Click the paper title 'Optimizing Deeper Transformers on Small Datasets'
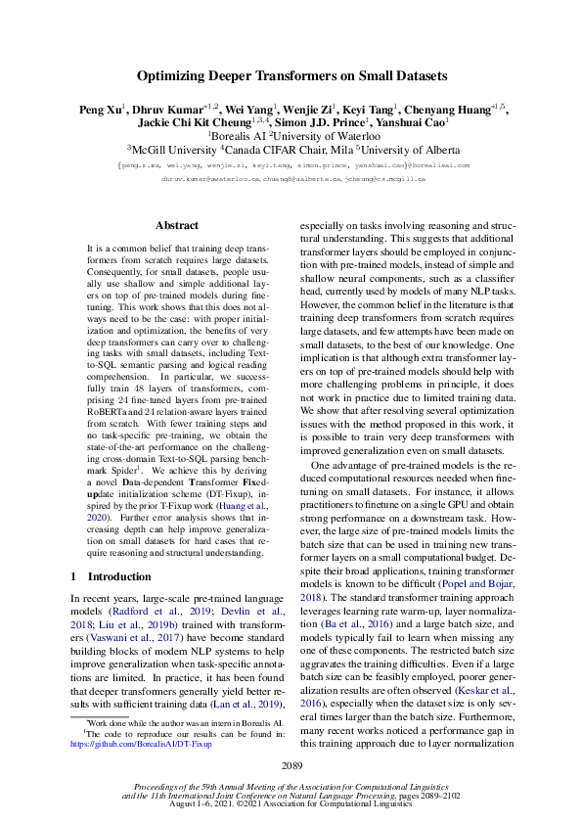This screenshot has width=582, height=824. [291, 75]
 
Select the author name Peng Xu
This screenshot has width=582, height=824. [101, 109]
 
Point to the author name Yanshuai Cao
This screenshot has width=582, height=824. [417, 122]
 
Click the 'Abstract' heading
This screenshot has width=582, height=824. [177, 225]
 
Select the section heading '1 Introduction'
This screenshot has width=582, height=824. [112, 576]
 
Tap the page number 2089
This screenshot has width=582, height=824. [291, 764]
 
